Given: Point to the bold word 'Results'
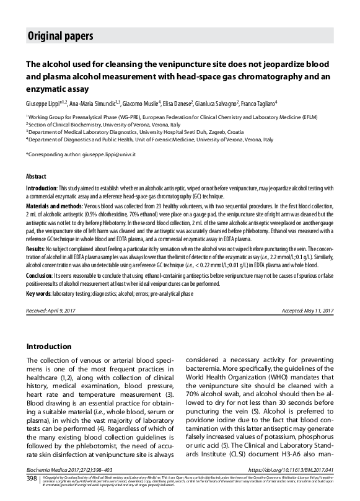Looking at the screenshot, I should [36, 229].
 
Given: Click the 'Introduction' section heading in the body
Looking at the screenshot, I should [53, 347].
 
